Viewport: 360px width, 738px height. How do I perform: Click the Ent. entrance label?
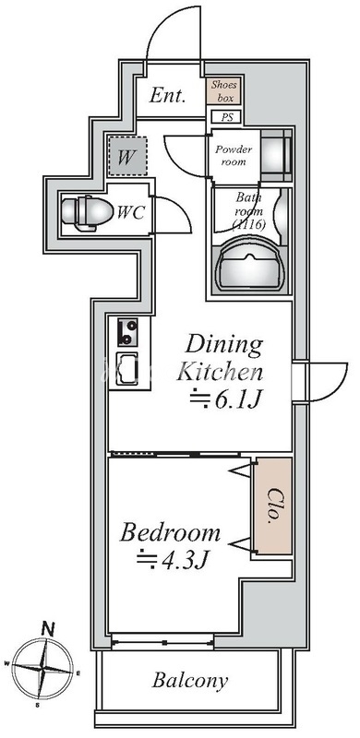(x=167, y=96)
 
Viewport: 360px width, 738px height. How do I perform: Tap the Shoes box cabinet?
(x=223, y=90)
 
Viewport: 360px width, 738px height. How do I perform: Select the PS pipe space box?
(x=227, y=117)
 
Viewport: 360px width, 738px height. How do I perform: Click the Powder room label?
(x=234, y=156)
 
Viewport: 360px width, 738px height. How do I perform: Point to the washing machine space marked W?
(x=126, y=157)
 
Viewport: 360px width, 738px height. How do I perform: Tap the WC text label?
(x=130, y=213)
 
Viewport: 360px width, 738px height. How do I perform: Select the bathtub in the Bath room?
(x=251, y=266)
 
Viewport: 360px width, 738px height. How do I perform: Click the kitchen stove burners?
(x=127, y=332)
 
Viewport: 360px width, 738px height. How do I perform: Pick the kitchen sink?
(x=127, y=369)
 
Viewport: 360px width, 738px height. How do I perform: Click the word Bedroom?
(x=170, y=533)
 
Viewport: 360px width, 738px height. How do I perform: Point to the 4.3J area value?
(x=173, y=559)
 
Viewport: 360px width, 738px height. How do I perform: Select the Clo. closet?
(x=273, y=506)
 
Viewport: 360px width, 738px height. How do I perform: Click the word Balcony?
(x=190, y=681)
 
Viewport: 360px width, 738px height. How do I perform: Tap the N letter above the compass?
(x=47, y=628)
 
